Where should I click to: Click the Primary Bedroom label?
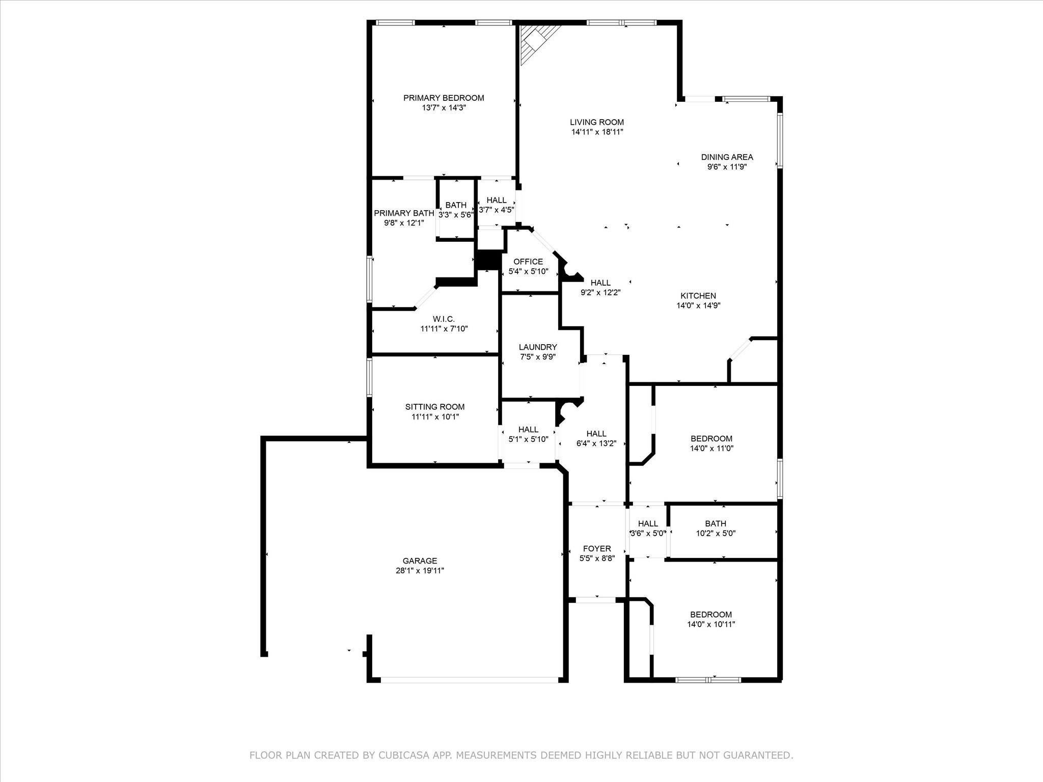coord(444,98)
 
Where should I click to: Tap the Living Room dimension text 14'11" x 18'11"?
coord(597,132)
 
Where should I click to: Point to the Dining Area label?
coord(727,157)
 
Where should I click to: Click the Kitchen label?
coord(698,296)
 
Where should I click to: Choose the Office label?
coord(528,262)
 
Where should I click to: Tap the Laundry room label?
coord(538,347)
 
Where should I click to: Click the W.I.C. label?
coord(444,319)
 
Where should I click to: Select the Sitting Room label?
coord(435,407)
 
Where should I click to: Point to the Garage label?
coord(420,561)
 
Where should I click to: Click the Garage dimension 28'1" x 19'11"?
coord(420,571)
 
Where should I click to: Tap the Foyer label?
coord(597,549)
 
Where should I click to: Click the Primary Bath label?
coord(404,213)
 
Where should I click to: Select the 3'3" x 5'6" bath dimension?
coord(456,215)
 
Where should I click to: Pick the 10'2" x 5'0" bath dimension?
coord(716,534)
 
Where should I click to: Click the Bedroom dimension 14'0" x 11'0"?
coord(711,449)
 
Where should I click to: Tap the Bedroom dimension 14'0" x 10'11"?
coord(711,624)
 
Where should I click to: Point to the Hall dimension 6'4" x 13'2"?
coord(596,443)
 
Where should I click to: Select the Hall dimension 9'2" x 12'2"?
coord(600,293)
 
